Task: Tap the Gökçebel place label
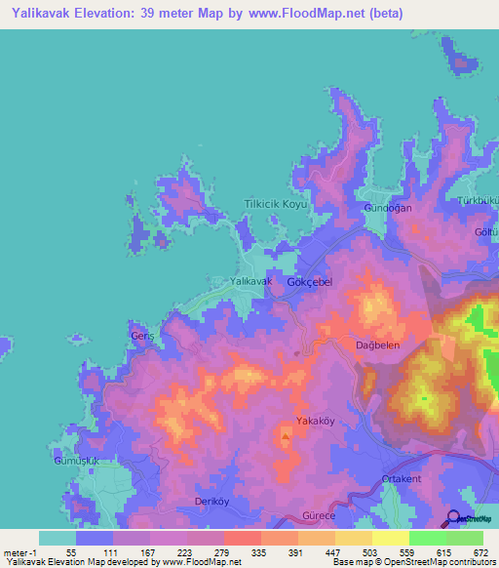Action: tap(310, 281)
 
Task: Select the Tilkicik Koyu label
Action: tap(276, 204)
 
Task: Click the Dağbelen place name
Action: tap(374, 345)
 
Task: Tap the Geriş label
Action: tap(142, 336)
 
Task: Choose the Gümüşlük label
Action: tap(74, 459)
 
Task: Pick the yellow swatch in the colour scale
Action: tap(390, 538)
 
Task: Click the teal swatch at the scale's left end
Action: tap(57, 538)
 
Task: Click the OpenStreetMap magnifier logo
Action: tap(453, 520)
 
